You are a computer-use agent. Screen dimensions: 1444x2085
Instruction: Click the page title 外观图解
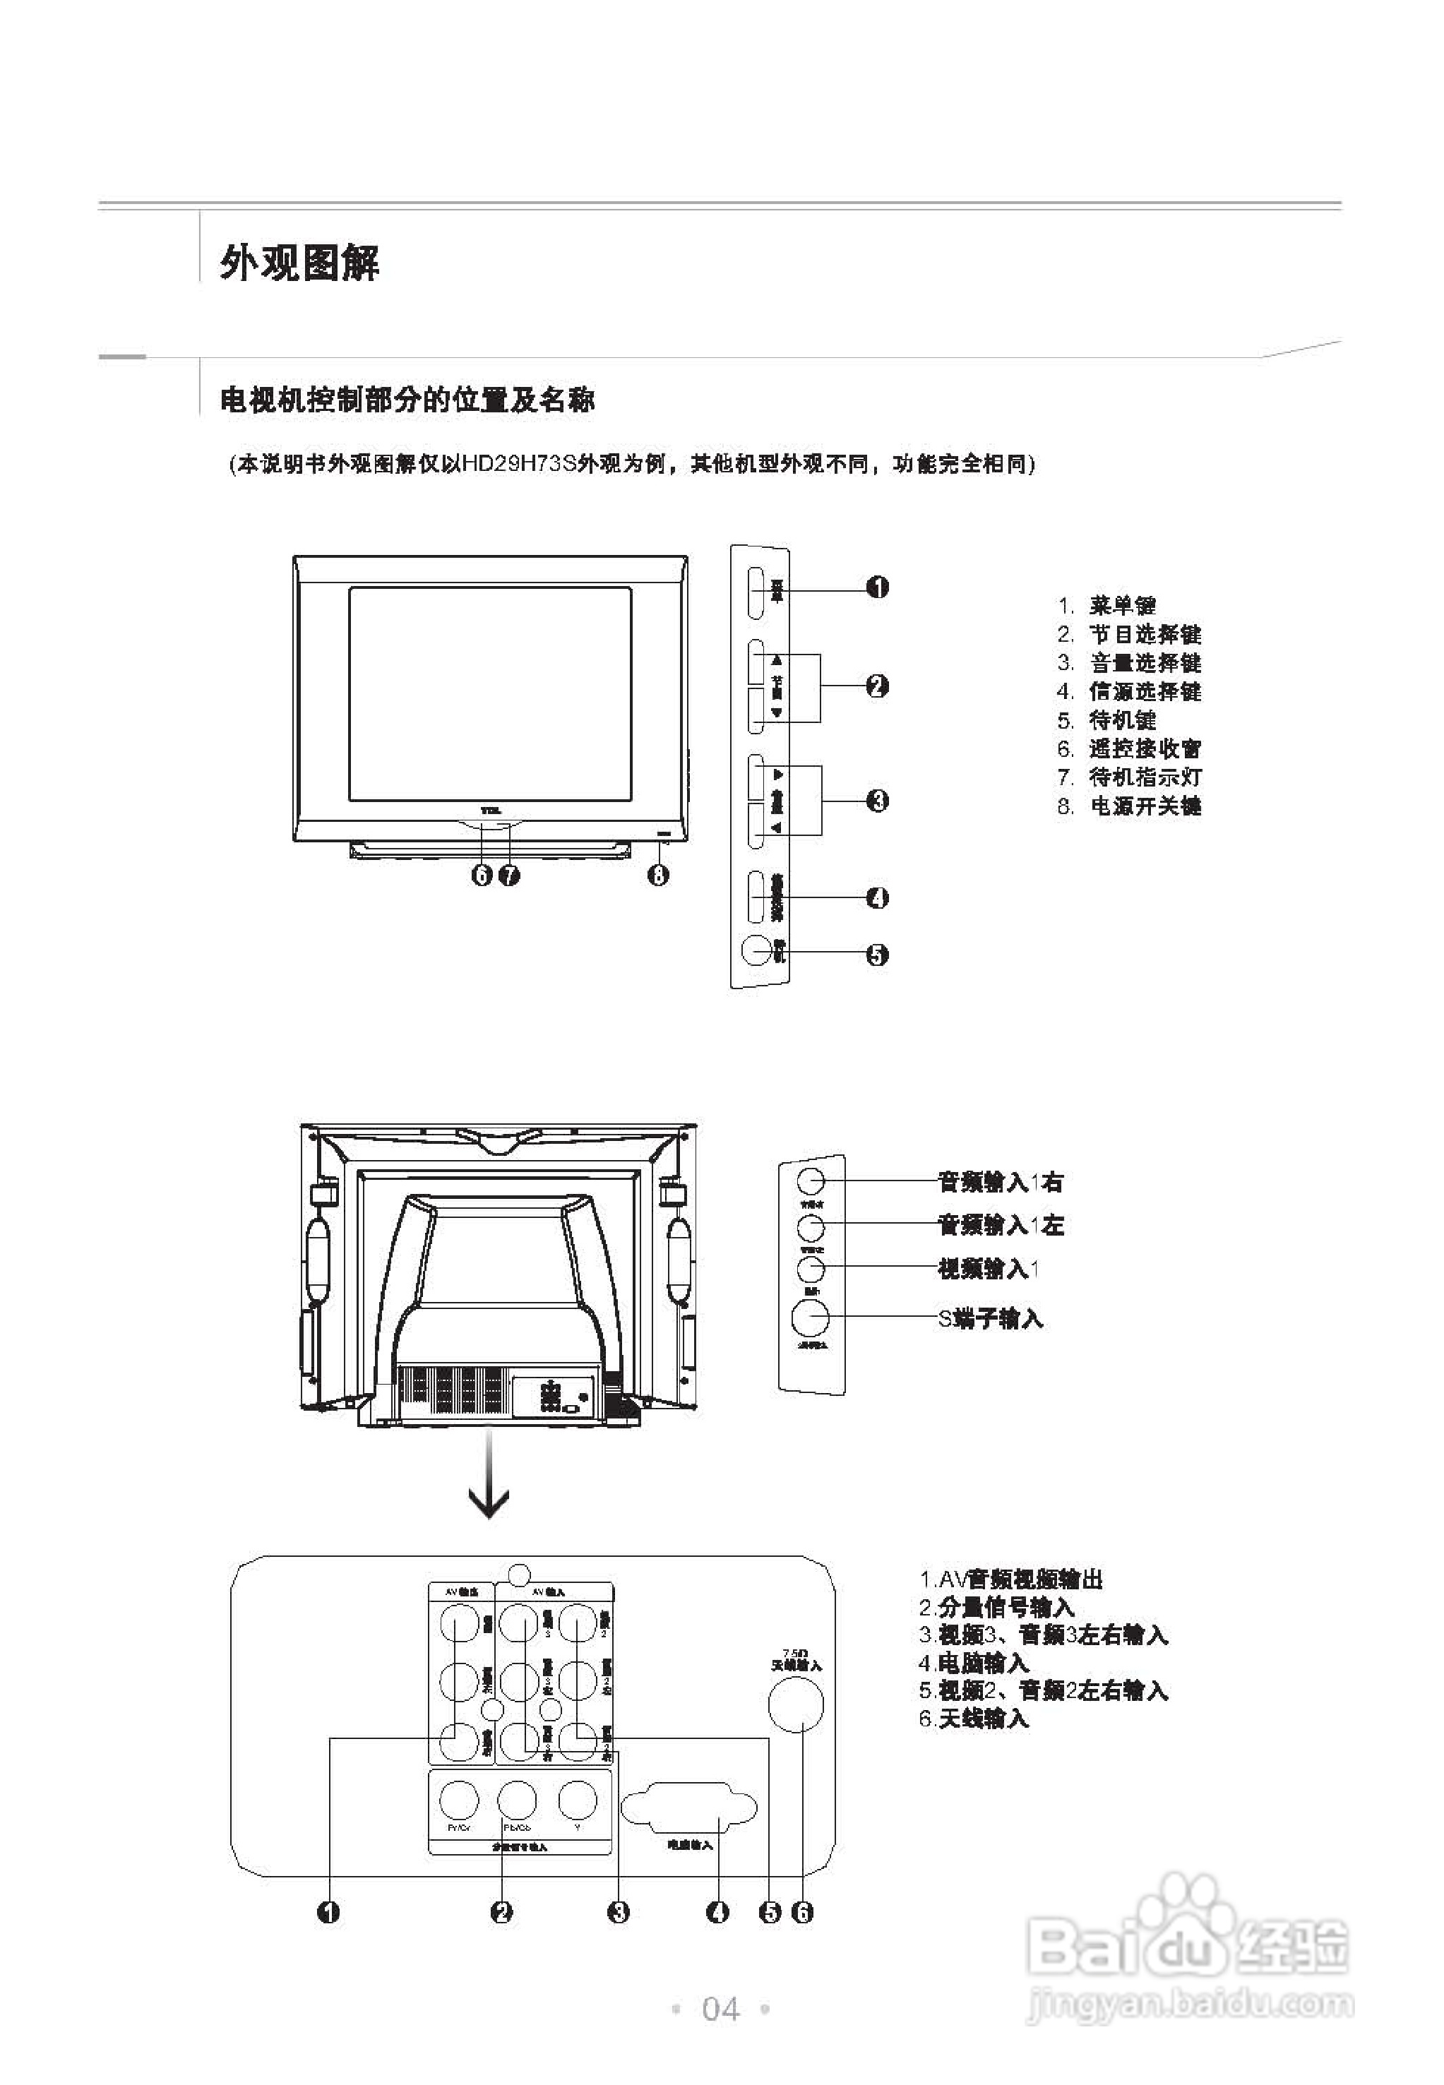(299, 263)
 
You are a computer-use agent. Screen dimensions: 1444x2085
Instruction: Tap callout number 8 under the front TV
(658, 875)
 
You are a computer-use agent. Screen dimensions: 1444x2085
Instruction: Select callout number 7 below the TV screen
(509, 875)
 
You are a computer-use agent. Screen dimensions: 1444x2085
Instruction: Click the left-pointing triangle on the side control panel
(776, 829)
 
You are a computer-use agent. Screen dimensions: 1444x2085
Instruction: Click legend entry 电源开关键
(1145, 806)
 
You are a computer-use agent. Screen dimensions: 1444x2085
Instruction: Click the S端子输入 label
(990, 1319)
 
